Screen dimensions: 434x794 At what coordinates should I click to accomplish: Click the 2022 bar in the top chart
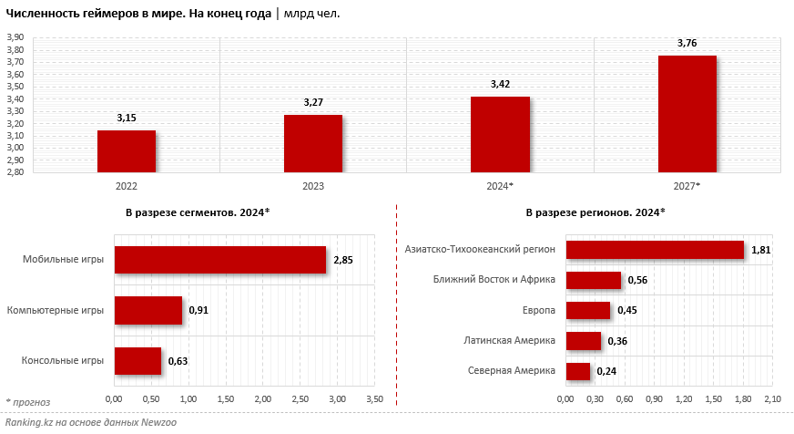[127, 150]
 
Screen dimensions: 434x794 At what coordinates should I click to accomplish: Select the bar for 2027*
[687, 113]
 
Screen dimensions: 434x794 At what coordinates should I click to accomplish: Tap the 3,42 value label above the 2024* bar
[500, 84]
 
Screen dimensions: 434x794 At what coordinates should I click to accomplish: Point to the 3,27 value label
[313, 102]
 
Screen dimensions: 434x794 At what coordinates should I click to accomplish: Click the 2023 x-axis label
[313, 186]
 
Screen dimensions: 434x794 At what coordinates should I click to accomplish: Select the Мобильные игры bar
[219, 260]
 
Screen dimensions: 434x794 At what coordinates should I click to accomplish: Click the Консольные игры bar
[137, 361]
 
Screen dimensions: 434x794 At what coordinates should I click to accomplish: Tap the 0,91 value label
[198, 311]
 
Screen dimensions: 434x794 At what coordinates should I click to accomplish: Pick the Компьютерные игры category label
[56, 311]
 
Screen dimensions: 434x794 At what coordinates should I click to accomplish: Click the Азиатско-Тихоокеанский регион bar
[655, 250]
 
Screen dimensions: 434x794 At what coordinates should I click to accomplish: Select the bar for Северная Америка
[577, 371]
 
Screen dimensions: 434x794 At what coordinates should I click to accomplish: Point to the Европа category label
[539, 311]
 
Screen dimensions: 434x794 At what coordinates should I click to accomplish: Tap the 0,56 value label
[637, 280]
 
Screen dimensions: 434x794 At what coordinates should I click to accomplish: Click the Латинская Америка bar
[583, 341]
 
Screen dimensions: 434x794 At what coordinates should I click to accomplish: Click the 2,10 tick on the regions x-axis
[773, 399]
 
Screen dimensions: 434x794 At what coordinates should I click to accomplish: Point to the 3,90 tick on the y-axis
[15, 37]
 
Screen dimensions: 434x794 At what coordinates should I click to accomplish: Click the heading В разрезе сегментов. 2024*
[198, 212]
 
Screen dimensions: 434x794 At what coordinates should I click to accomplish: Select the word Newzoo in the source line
[137, 423]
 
